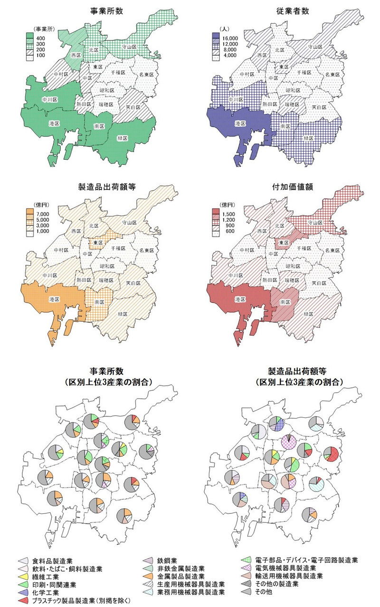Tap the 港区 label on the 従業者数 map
coord(242,123)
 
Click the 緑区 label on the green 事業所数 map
coord(123,138)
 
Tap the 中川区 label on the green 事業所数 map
coord(50,100)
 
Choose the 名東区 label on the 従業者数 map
coord(332,75)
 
